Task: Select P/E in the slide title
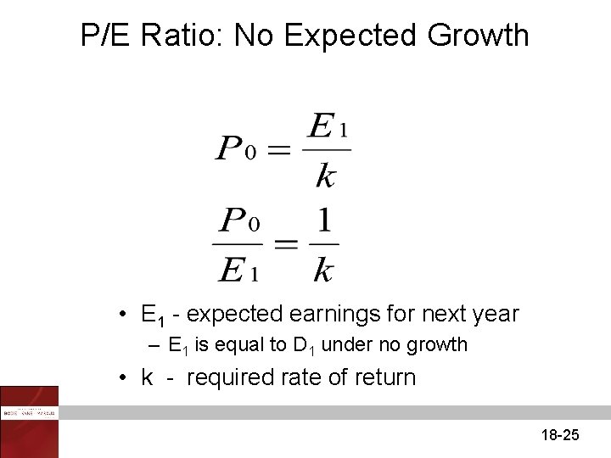(107, 36)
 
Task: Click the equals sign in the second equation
(286, 243)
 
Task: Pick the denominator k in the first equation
(325, 175)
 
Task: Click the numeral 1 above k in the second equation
(323, 223)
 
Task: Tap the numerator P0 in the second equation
(239, 222)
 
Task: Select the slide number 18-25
(559, 435)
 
